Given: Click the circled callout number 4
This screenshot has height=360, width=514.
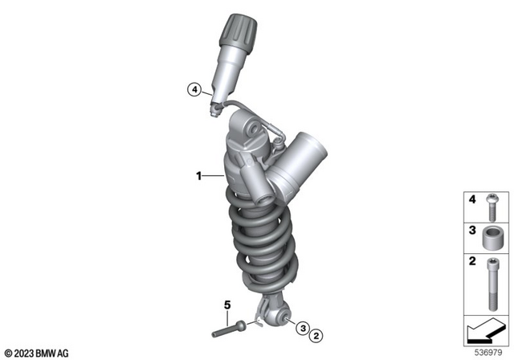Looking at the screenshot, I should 193,90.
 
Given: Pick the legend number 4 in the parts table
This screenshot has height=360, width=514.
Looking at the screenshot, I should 474,198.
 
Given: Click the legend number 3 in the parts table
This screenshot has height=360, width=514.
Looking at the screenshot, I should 474,230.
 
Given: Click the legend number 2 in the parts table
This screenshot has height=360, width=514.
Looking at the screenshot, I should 474,261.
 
